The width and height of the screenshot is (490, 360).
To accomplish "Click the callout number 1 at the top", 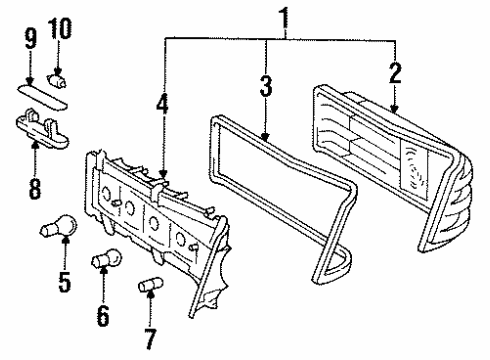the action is (x=284, y=17).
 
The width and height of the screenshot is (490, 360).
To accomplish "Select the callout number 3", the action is (x=266, y=86).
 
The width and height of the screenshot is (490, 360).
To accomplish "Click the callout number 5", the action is (x=65, y=282).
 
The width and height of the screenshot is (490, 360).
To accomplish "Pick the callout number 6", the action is (x=103, y=315).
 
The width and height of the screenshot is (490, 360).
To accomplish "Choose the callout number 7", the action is (x=150, y=339).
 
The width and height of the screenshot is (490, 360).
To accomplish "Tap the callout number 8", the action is (x=35, y=188).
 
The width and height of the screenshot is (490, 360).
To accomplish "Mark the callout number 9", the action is (x=30, y=39).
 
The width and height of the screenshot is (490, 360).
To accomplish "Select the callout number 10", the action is (x=60, y=29).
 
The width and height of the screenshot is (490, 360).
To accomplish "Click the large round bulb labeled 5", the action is (x=59, y=227).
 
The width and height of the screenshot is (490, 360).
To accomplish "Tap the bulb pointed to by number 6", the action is (x=107, y=258).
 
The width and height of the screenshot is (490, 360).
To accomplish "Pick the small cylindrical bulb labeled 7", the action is (x=150, y=285).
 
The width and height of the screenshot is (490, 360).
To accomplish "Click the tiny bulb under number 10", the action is (x=57, y=81).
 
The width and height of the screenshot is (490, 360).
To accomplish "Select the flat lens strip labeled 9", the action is (x=42, y=97).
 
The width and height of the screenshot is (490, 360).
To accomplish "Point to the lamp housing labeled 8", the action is (x=42, y=129).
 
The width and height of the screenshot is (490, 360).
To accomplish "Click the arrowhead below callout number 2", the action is (x=395, y=109).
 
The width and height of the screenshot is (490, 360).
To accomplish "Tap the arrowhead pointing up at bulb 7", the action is (x=151, y=294).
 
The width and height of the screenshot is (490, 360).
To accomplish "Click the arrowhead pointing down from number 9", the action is (x=30, y=81).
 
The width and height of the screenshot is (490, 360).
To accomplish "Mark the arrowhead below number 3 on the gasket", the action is (x=265, y=137).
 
